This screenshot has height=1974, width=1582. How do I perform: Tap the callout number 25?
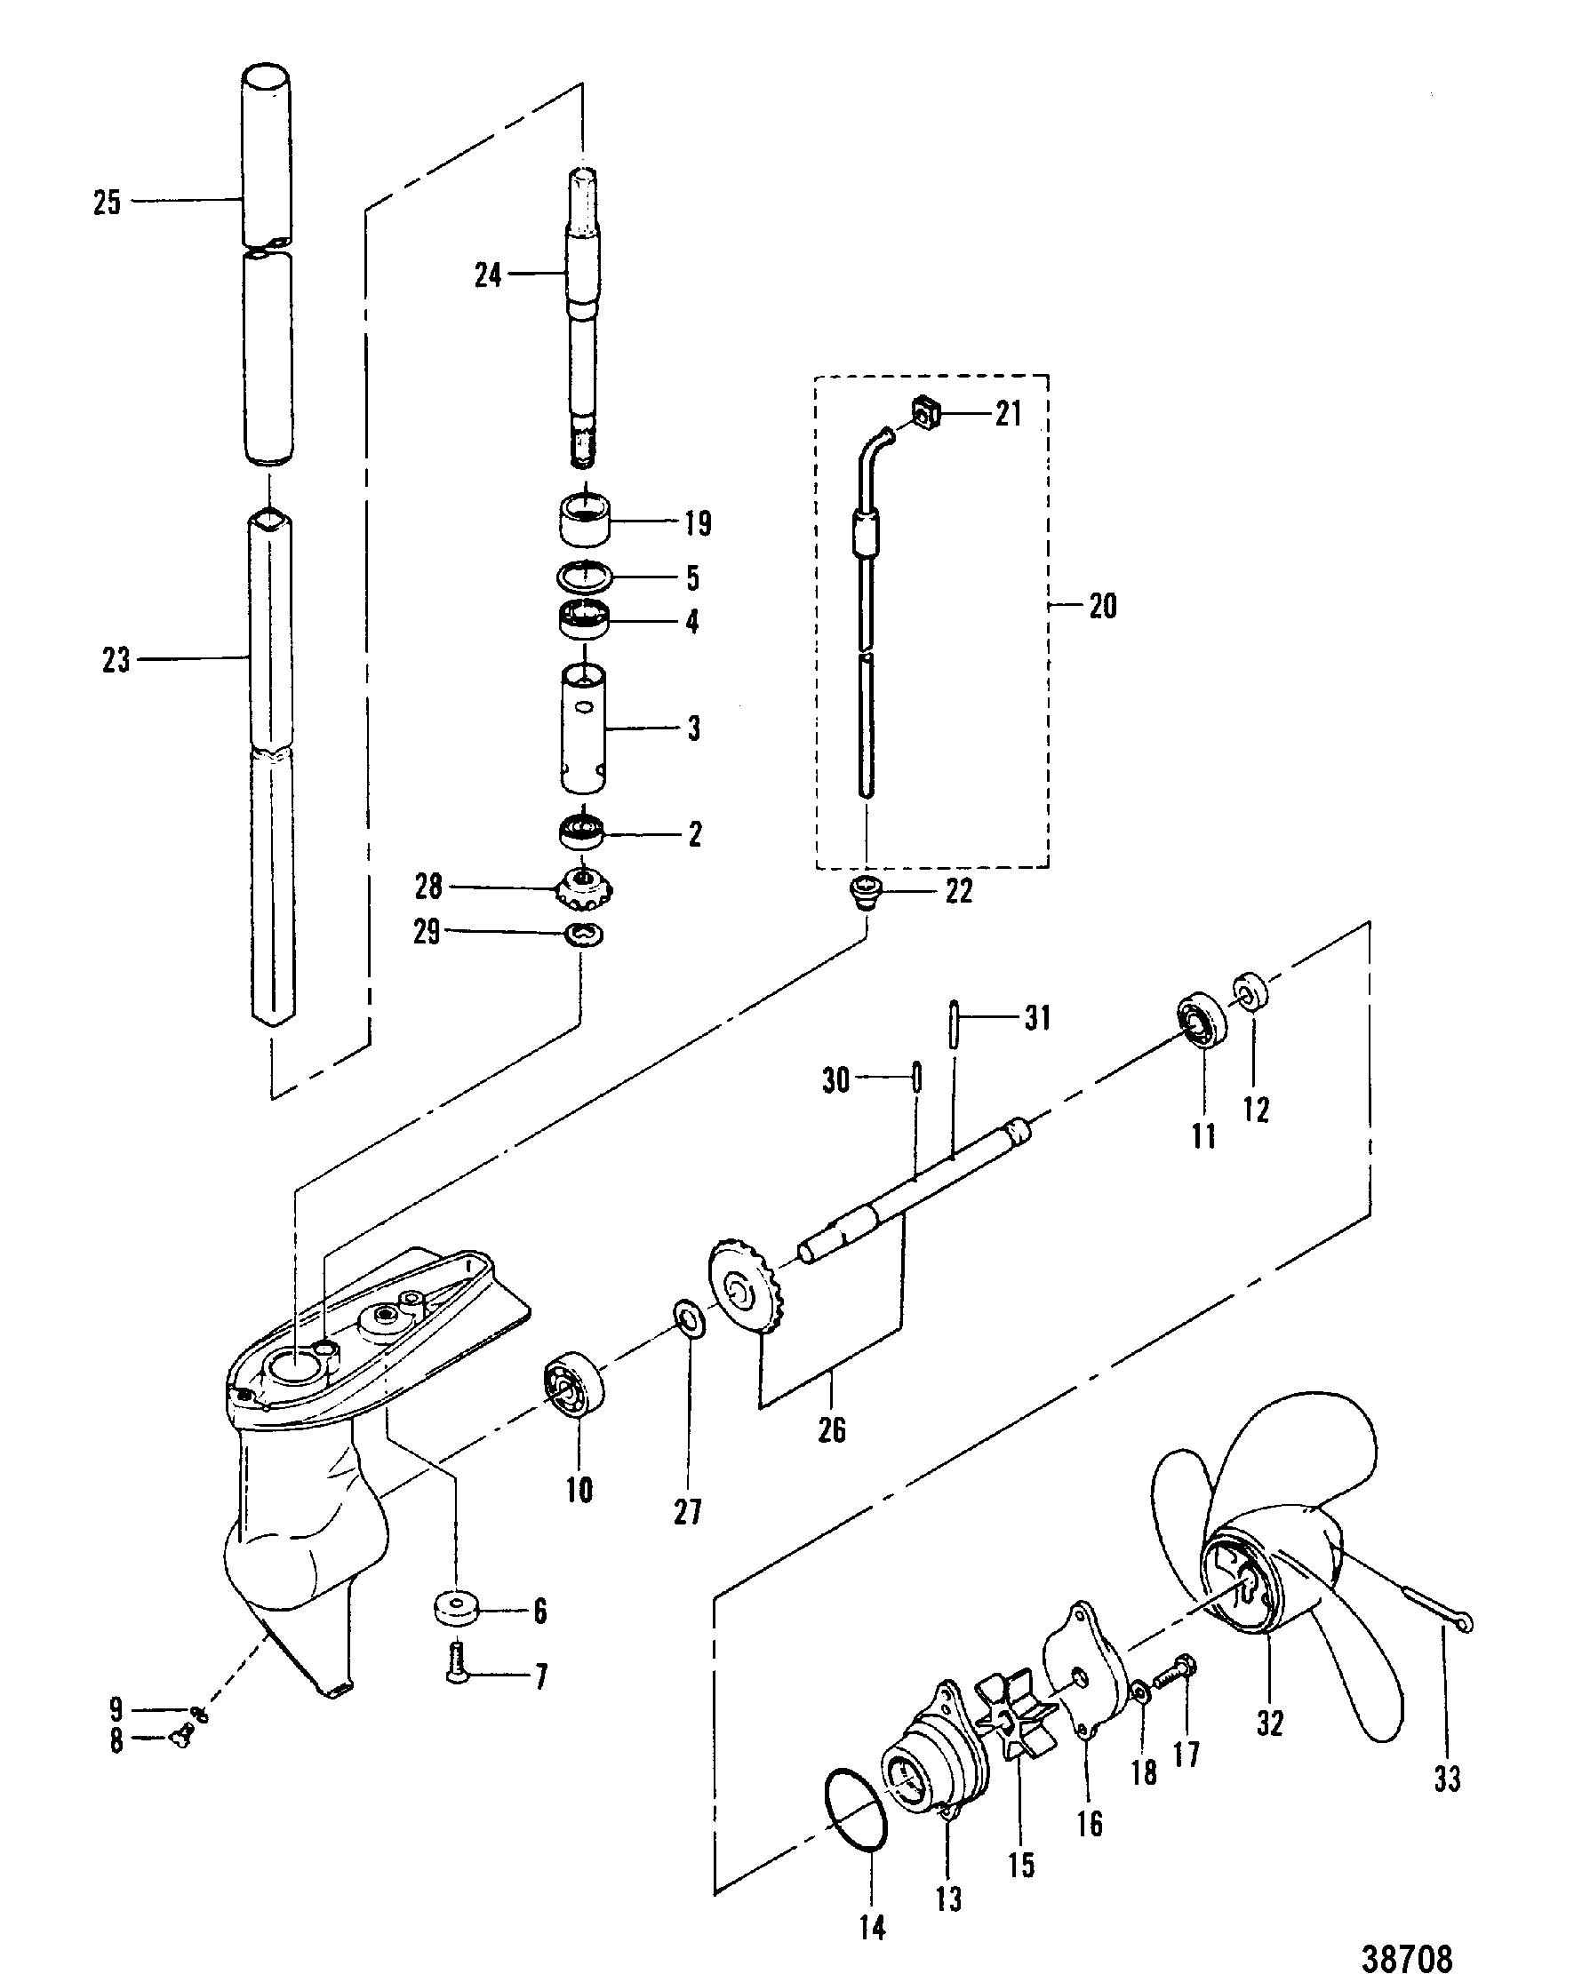tap(108, 202)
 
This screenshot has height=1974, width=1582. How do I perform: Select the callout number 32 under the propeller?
tap(1270, 1723)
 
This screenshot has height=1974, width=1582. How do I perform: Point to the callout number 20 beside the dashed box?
tap(1102, 606)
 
